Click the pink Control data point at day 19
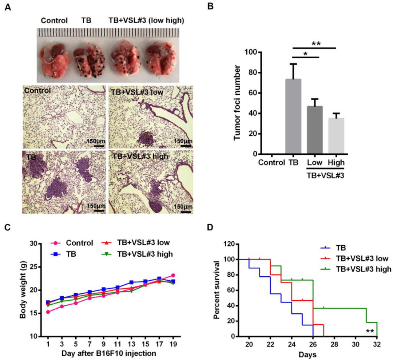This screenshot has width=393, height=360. pos(173,276)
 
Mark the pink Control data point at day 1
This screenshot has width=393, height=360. pos(48,312)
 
